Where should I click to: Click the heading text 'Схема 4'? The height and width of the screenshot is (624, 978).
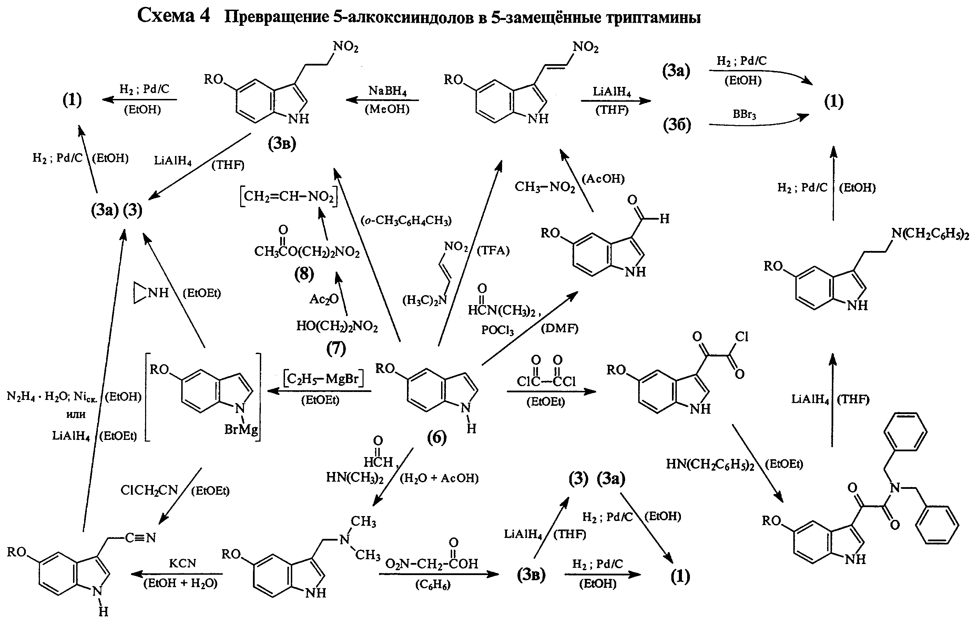click(x=174, y=16)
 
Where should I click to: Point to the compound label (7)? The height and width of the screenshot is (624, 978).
click(x=336, y=348)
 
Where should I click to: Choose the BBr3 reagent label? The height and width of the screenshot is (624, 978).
click(x=744, y=114)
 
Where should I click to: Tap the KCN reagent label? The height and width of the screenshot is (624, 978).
click(x=182, y=563)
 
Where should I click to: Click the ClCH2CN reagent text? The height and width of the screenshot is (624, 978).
click(x=150, y=490)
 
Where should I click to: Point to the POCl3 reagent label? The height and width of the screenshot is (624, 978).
click(x=498, y=330)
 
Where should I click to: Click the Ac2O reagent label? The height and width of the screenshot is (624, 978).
click(x=324, y=299)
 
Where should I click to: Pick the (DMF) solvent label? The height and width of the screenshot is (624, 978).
click(x=559, y=328)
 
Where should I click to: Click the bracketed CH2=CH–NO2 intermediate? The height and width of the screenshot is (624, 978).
click(x=289, y=197)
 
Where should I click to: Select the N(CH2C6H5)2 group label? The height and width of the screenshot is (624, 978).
click(x=930, y=234)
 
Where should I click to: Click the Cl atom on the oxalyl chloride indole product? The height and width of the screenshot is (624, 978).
click(x=742, y=336)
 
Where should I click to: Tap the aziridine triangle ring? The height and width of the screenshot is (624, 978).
click(x=139, y=293)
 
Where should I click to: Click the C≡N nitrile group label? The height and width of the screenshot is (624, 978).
click(x=140, y=537)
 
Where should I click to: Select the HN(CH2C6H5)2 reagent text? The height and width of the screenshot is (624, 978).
click(x=710, y=464)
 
